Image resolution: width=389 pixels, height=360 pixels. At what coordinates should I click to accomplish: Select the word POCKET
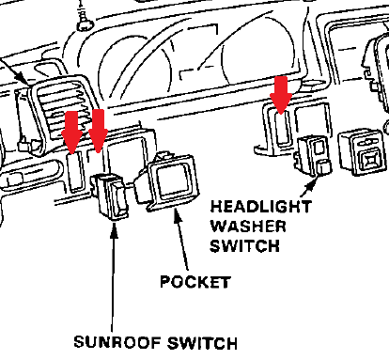[194, 281]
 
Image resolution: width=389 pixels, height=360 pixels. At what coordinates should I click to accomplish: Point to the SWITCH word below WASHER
[242, 246]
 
